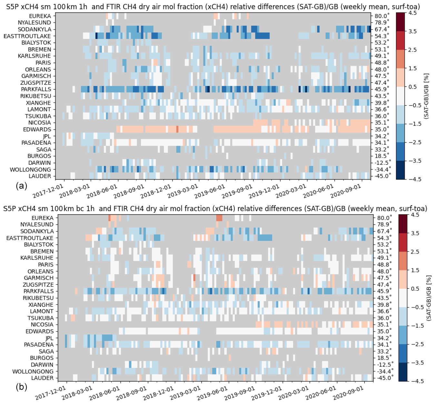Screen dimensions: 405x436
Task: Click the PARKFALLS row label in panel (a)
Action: [x=36, y=89]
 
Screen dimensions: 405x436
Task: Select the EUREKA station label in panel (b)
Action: [x=42, y=218]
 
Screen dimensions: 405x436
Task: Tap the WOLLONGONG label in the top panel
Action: [x=30, y=169]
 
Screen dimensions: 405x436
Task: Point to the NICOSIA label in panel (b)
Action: [x=42, y=324]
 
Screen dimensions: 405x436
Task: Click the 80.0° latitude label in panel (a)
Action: [x=381, y=16]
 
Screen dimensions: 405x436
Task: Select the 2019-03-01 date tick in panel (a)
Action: [x=183, y=191]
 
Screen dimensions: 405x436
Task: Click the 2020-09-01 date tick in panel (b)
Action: [x=348, y=393]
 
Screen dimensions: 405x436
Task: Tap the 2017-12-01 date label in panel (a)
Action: [x=48, y=191]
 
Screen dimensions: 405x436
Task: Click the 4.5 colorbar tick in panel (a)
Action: [x=412, y=13]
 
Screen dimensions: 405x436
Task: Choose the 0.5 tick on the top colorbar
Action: [x=412, y=87]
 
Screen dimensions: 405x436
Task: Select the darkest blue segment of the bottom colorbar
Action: [x=403, y=371]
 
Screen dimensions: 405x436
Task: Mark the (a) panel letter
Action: [x=21, y=186]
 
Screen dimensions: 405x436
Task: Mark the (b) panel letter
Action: [x=21, y=387]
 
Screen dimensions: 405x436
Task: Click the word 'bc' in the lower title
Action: [x=80, y=209]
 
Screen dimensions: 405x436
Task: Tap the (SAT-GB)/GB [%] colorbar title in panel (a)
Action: [x=426, y=96]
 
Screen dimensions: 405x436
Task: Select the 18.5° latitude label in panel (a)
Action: [x=382, y=156]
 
